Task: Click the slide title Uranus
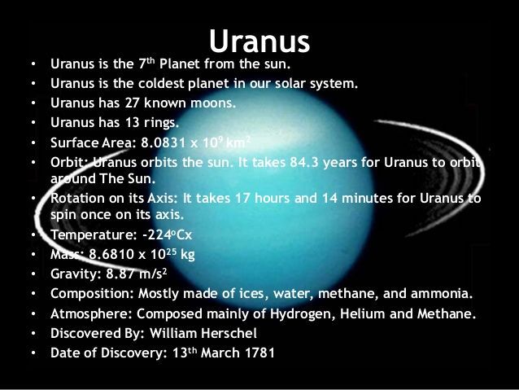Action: click(x=259, y=41)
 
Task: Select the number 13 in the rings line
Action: click(x=132, y=123)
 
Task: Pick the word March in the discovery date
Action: click(x=220, y=353)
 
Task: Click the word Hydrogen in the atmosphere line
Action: click(x=301, y=313)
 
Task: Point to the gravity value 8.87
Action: click(x=121, y=274)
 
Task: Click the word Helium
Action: click(x=363, y=313)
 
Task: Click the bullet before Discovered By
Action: click(x=33, y=333)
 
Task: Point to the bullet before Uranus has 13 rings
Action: click(x=33, y=123)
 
